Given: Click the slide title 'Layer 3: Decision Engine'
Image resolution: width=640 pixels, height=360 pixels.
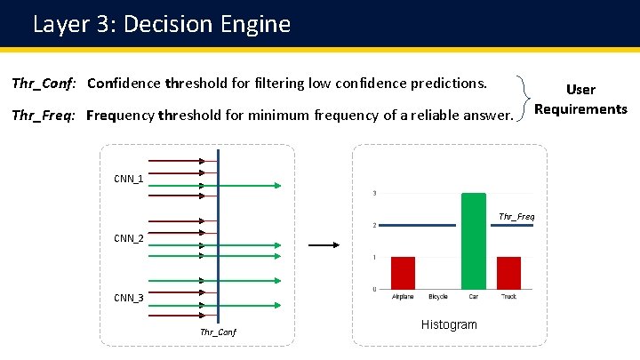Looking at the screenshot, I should (162, 24).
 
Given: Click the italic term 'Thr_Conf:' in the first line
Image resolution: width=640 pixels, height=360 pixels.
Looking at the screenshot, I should (44, 84).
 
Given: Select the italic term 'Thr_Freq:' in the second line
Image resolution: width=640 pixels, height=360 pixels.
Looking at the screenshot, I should (44, 116).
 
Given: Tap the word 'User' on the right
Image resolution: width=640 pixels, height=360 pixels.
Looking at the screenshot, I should (580, 90).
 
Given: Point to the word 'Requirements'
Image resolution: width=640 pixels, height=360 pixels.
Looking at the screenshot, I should (581, 109).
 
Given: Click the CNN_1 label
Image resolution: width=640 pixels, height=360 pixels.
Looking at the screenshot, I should (128, 180).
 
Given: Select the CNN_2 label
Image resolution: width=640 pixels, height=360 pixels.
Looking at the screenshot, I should (128, 238).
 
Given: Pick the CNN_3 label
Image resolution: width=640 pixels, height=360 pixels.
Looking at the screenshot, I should (128, 298).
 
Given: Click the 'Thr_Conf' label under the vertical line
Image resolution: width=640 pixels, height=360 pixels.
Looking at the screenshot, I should (218, 332).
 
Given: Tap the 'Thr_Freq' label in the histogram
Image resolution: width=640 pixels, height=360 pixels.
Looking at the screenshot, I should (516, 216).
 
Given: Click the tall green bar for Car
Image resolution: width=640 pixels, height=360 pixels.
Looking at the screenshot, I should (473, 240).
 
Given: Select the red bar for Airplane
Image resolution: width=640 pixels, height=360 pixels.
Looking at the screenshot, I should (403, 272).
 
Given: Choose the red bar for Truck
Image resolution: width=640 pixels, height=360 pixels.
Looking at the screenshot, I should (508, 272).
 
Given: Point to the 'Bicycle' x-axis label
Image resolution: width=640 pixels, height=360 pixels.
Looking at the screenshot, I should (437, 297).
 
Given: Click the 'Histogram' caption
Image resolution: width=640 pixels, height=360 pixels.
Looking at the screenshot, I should (449, 324).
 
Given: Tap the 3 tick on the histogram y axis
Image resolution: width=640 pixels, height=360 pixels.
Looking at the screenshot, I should (373, 193).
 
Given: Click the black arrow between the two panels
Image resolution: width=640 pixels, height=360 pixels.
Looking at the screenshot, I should (324, 245).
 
